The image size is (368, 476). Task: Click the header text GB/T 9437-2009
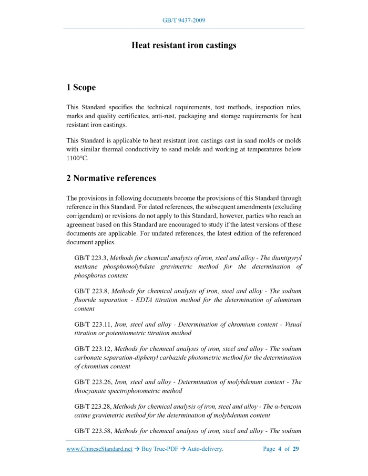[183, 20]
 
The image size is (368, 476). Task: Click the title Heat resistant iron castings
[183, 45]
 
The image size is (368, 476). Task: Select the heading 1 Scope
[81, 87]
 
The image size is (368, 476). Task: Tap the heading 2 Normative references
[111, 178]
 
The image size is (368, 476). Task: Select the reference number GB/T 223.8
[91, 291]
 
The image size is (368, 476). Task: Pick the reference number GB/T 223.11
[93, 324]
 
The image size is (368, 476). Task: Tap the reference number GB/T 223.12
[93, 348]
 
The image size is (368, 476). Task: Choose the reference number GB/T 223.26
[93, 382]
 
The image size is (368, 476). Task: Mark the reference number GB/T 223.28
[93, 406]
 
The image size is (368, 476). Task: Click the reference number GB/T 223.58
[93, 431]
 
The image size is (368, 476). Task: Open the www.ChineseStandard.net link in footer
[99, 449]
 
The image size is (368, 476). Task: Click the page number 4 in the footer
[280, 449]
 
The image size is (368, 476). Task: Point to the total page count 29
[296, 449]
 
